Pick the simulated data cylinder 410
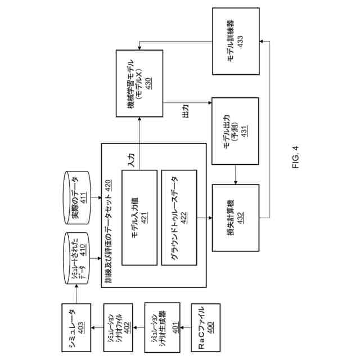(78, 251)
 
